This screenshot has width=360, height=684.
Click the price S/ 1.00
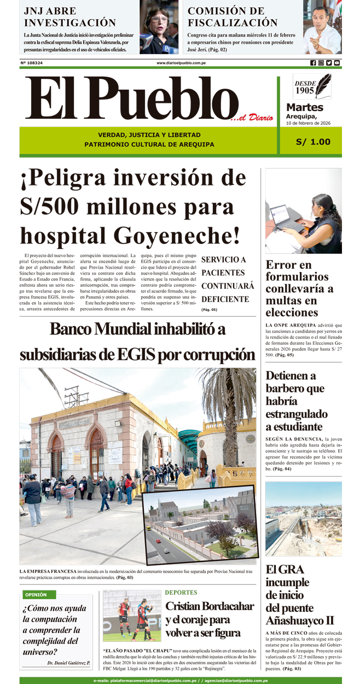click(313, 142)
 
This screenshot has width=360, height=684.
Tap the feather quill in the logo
click(324, 85)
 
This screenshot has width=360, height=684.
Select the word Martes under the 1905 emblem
click(305, 107)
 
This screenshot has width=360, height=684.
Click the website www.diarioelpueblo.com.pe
click(181, 63)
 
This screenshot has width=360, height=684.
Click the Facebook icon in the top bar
click(313, 63)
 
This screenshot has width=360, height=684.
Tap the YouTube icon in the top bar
click(337, 63)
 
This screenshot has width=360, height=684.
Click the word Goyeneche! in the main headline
click(177, 235)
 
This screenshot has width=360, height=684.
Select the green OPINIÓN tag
click(36, 594)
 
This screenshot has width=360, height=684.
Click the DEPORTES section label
click(181, 593)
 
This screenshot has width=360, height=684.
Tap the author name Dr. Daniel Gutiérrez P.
click(68, 663)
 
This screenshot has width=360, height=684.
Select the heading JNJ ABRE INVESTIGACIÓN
click(70, 16)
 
